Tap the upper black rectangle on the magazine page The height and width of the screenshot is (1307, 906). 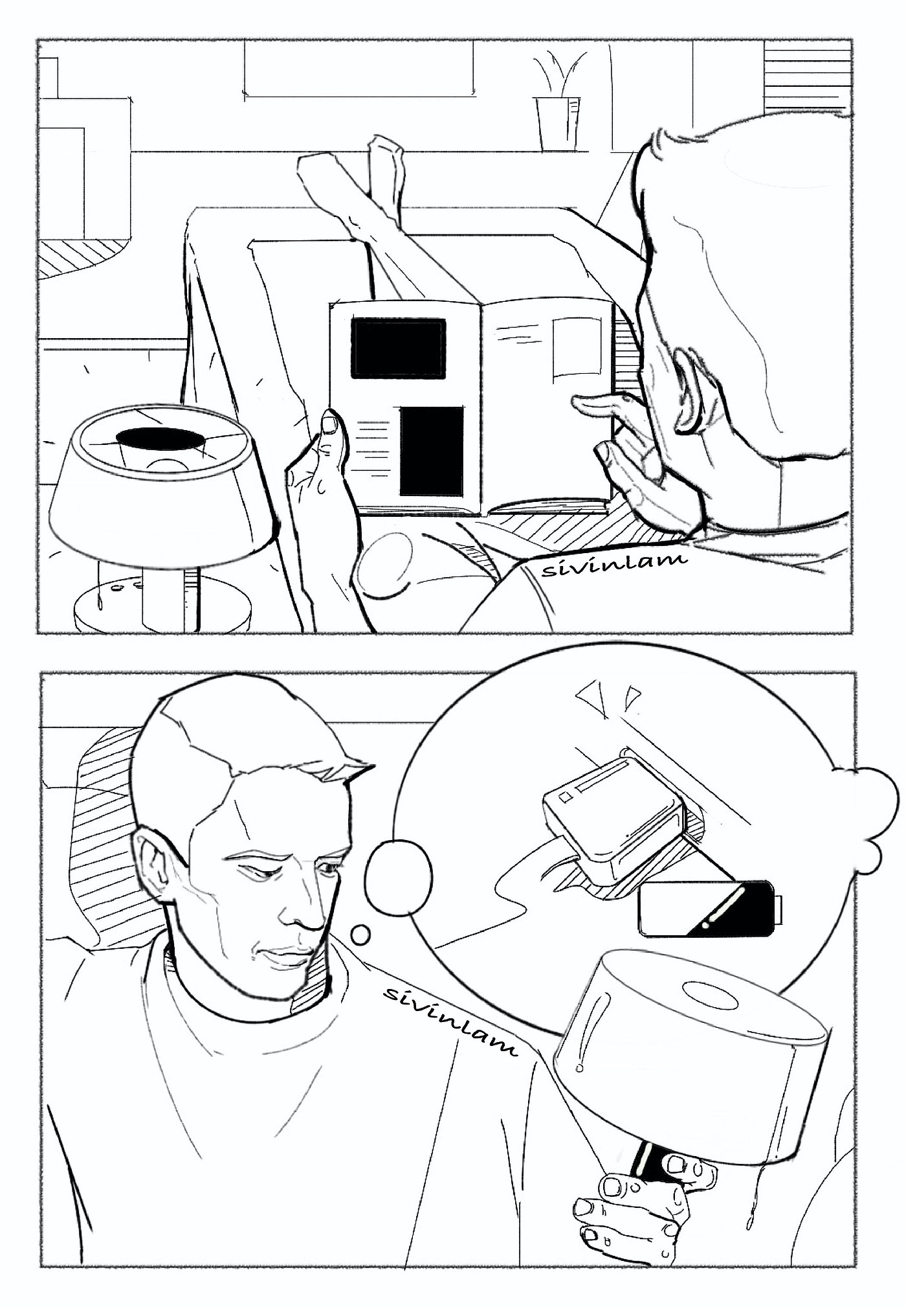coord(398,348)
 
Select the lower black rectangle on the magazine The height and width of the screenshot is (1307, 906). coord(432,451)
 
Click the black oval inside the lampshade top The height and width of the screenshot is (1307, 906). coord(161,438)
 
